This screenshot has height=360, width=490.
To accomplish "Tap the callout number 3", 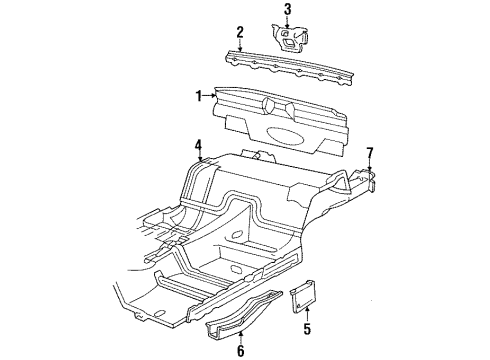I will click(x=287, y=11).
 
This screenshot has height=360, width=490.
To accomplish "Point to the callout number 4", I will click(x=199, y=146).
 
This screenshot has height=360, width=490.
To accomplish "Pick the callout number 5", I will click(x=306, y=327).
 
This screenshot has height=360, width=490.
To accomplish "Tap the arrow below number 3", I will click(x=287, y=23).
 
